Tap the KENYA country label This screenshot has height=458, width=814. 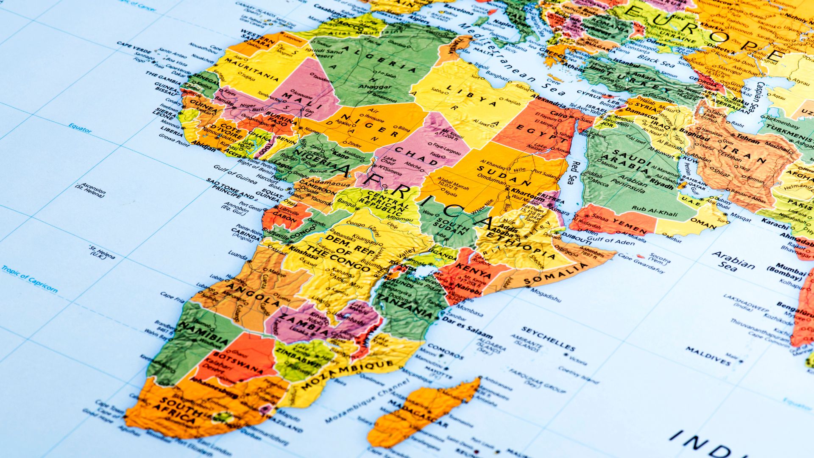coord(479,271)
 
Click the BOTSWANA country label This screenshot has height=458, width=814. coord(237,362)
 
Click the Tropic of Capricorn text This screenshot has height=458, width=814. coord(29,279)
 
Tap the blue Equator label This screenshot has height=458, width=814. coord(80,127)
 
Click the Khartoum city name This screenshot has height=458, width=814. coord(528,195)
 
